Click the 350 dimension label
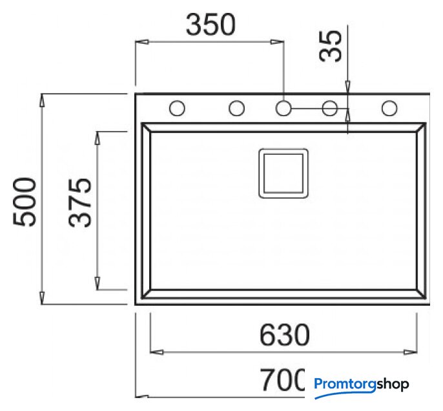(211, 25)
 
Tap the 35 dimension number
(330, 46)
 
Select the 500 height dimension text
(25, 201)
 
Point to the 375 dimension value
(80, 203)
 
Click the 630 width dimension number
(285, 335)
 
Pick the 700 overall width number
(283, 379)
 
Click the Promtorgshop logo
(362, 387)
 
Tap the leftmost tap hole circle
(177, 108)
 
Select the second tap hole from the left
(236, 108)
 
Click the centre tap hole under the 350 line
(283, 108)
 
